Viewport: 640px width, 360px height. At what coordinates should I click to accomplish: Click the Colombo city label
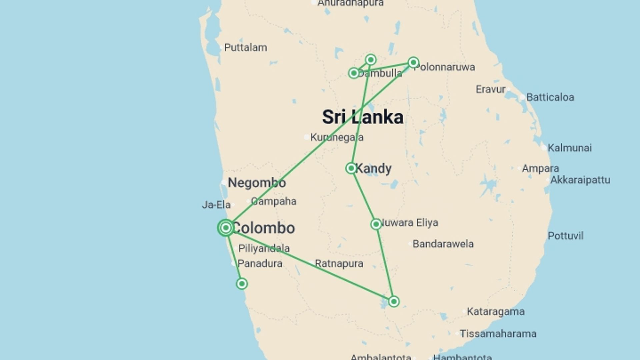coord(263,228)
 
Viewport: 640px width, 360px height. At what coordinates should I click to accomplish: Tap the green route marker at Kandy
coord(351,168)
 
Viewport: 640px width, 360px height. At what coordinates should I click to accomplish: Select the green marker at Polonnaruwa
coord(413,62)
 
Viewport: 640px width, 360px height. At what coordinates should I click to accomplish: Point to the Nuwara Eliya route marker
coord(376,224)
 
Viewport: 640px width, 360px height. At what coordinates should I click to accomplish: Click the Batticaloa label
coord(550,97)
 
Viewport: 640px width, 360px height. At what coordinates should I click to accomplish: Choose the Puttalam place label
coord(245,48)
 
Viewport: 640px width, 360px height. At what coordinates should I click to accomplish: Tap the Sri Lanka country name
coord(363,117)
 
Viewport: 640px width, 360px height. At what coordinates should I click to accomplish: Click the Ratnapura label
coord(339,264)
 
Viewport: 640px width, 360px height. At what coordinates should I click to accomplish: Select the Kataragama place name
coord(495,312)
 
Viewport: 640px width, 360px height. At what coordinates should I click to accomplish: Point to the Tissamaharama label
coord(498,334)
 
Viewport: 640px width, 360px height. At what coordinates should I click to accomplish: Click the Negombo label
coord(257,183)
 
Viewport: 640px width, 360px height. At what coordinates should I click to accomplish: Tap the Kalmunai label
coord(569,148)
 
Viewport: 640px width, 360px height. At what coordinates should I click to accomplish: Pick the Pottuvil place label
coord(565,236)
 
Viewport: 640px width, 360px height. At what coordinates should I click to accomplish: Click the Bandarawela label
coord(443,244)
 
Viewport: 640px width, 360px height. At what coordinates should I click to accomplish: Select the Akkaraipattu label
coord(580,180)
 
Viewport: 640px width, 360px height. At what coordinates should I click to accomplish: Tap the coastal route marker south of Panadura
coord(242,284)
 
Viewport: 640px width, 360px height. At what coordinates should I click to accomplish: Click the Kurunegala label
coord(337,137)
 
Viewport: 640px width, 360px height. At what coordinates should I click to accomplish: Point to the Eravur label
coord(490,89)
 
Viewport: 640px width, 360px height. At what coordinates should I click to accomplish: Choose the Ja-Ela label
coord(216,205)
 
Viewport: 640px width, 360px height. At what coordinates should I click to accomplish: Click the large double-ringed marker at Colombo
coord(226,228)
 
